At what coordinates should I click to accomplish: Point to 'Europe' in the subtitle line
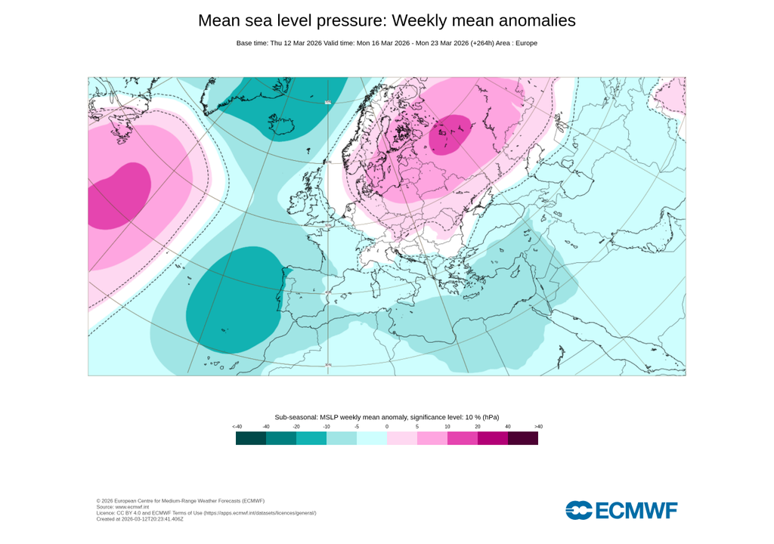pyautogui.click(x=525, y=43)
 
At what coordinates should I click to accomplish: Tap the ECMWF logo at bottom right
pyautogui.click(x=621, y=510)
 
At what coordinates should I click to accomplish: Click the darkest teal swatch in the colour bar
pyautogui.click(x=251, y=438)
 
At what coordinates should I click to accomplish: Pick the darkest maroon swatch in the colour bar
pyautogui.click(x=523, y=438)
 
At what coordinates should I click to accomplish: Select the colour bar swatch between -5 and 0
pyautogui.click(x=372, y=438)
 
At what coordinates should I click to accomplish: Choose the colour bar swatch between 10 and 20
pyautogui.click(x=463, y=438)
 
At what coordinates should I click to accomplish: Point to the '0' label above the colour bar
pyautogui.click(x=387, y=427)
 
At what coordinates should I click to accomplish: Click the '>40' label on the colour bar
pyautogui.click(x=538, y=427)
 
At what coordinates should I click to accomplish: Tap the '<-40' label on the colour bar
pyautogui.click(x=237, y=427)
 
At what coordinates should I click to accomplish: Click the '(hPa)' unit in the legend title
pyautogui.click(x=491, y=417)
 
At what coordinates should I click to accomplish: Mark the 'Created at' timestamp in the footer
pyautogui.click(x=140, y=519)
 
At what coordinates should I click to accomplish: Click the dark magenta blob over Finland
pyautogui.click(x=450, y=134)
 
